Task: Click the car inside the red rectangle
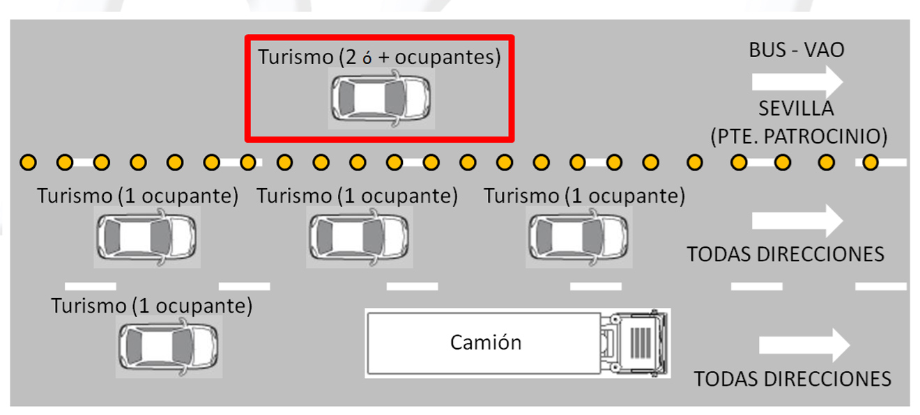381,100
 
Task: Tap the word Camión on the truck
486,343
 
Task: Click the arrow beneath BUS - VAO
797,81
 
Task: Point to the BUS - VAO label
797,50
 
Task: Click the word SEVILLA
796,109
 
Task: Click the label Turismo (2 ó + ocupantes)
379,57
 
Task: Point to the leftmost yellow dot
28,163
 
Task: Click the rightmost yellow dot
870,163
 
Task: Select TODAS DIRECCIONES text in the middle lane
785,254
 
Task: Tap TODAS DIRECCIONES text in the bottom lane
792,379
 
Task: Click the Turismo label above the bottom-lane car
151,306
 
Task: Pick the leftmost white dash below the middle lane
90,286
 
